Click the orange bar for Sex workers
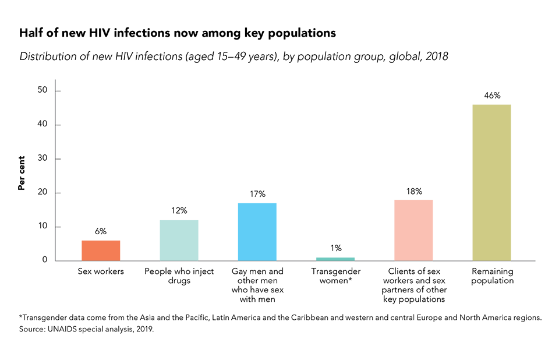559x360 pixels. click(101, 250)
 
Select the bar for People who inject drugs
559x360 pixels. click(179, 240)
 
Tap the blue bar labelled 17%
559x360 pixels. click(257, 232)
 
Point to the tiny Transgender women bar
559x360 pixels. click(335, 259)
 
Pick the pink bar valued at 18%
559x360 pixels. click(413, 230)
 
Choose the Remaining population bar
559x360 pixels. click(491, 182)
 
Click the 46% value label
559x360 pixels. click(492, 96)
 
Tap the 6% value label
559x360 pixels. click(101, 231)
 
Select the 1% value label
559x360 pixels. click(335, 248)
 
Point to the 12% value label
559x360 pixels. click(179, 211)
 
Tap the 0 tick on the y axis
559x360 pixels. click(44, 260)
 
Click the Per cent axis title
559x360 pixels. click(22, 173)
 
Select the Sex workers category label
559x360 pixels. click(101, 271)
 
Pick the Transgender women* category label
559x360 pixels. click(335, 276)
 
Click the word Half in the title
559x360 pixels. click(31, 33)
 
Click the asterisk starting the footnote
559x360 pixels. click(21, 317)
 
